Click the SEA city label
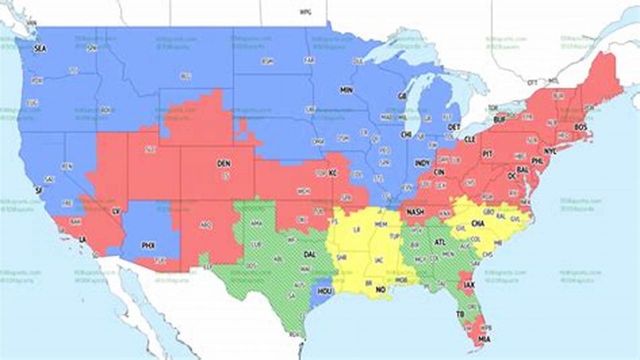click(x=39, y=49)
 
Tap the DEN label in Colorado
click(x=223, y=163)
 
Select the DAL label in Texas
click(x=309, y=254)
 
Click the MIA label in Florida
click(x=483, y=339)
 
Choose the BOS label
click(x=580, y=127)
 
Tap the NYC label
click(x=550, y=151)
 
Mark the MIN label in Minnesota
click(x=346, y=90)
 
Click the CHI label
click(x=405, y=134)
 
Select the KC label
click(x=332, y=173)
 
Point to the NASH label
click(x=415, y=212)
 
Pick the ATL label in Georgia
click(x=439, y=242)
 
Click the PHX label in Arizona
click(x=148, y=245)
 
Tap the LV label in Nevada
click(x=116, y=211)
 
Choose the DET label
click(x=454, y=127)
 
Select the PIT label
click(x=487, y=154)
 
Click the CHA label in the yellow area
click(x=477, y=223)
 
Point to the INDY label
click(x=422, y=163)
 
